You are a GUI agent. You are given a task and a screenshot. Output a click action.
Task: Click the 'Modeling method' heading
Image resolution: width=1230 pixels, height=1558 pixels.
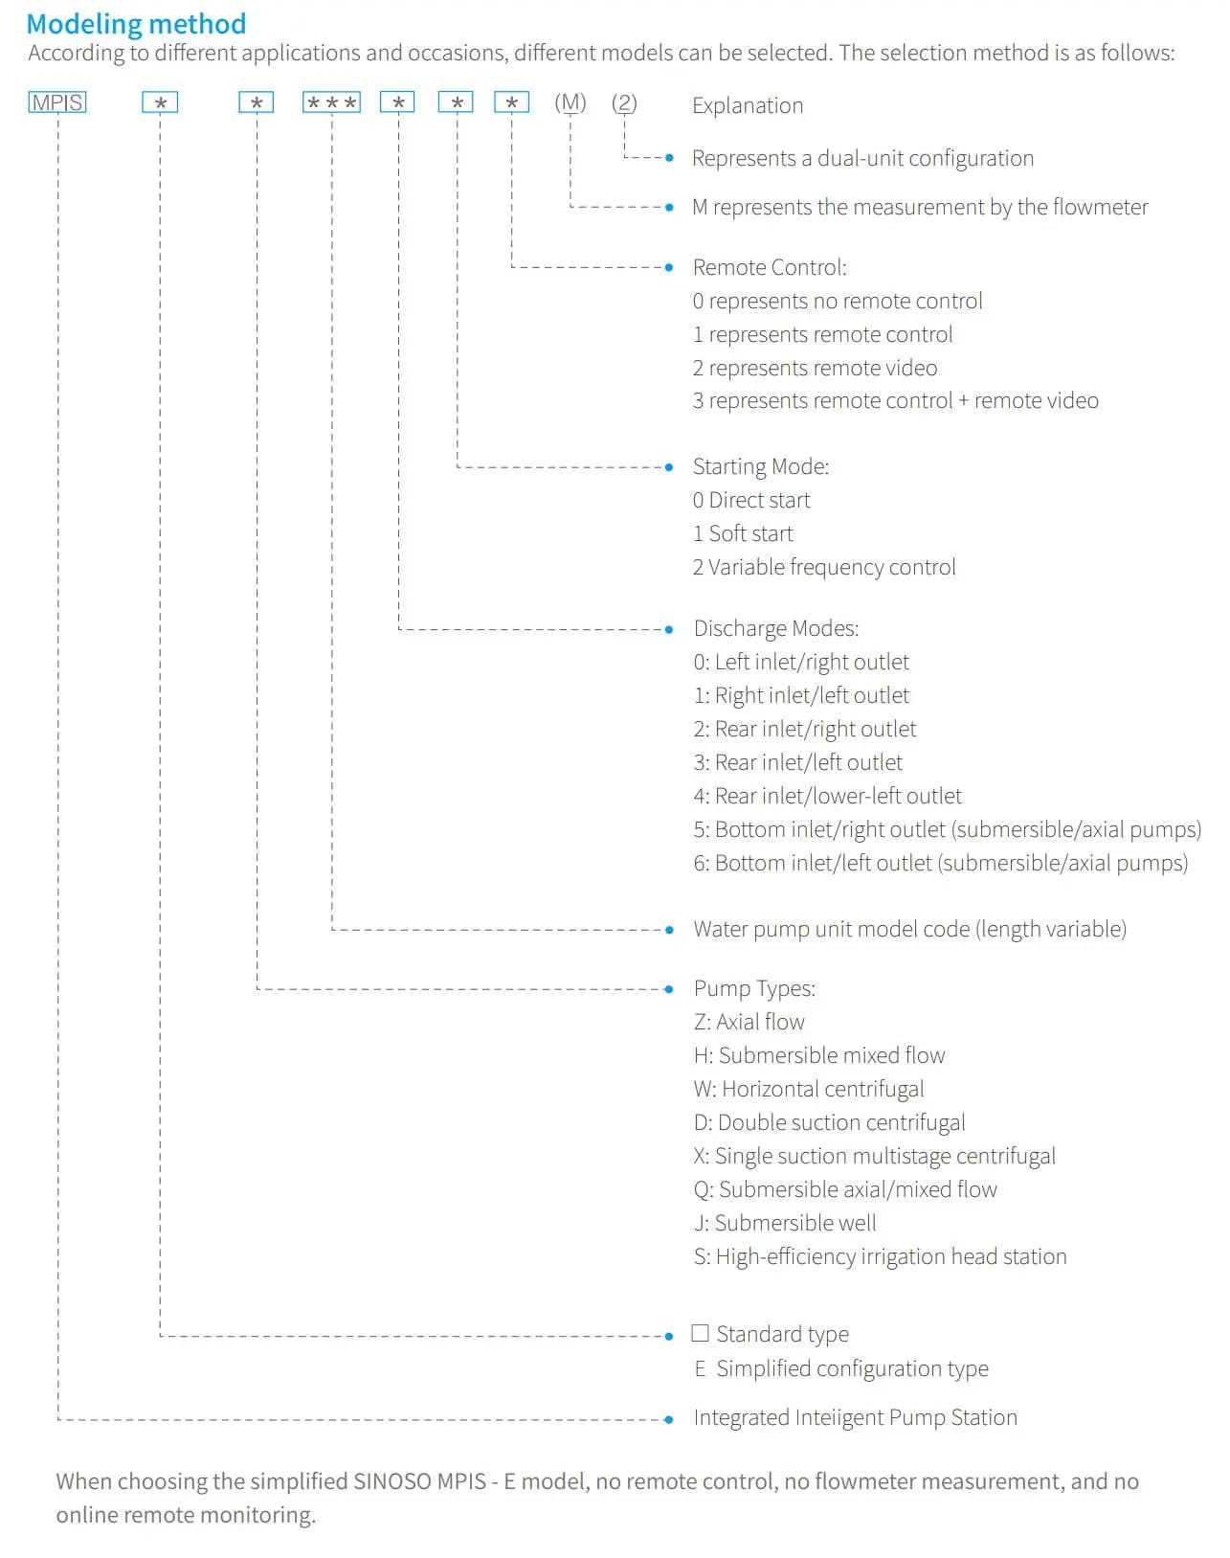(136, 23)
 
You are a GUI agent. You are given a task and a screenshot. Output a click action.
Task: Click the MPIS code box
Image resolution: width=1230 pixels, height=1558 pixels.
(57, 102)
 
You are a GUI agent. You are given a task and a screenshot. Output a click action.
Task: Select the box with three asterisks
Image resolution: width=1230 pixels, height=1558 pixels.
(331, 102)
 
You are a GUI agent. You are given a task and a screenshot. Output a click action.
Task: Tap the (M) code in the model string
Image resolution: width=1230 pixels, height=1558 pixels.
(570, 102)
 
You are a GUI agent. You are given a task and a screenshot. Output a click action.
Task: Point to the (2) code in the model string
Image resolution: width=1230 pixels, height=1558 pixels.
(624, 102)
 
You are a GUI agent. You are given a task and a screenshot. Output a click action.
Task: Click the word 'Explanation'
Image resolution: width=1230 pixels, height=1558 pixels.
(748, 105)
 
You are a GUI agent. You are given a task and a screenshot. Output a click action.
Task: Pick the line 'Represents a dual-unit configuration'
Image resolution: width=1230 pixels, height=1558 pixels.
(862, 158)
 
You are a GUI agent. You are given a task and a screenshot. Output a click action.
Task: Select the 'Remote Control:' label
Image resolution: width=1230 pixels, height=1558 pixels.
(770, 267)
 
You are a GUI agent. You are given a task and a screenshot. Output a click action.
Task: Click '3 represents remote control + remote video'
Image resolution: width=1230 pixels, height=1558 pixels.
(895, 400)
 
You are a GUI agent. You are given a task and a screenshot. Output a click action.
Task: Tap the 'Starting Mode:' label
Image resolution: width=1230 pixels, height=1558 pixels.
(761, 466)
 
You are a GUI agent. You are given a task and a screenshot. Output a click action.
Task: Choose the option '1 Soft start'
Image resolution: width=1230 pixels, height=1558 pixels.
(743, 533)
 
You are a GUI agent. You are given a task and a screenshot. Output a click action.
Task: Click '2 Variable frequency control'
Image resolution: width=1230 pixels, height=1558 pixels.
(824, 567)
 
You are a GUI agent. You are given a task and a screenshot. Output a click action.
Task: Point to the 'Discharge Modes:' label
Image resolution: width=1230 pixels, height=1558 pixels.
(776, 628)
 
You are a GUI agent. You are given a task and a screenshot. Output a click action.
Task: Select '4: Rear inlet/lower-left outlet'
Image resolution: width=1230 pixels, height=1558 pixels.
(827, 796)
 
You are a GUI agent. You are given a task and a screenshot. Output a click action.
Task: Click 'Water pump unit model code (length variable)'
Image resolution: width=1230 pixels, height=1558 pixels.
(909, 929)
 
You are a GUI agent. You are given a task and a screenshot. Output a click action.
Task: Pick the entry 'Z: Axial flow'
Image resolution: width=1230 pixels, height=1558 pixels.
(749, 1022)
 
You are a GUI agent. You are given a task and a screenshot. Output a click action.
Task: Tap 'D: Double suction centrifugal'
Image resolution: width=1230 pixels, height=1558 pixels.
(829, 1122)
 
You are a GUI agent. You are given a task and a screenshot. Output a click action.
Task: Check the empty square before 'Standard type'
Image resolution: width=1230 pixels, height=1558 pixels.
(701, 1333)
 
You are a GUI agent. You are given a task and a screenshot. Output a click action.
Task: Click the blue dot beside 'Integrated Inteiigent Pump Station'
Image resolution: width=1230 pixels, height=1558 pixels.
(669, 1418)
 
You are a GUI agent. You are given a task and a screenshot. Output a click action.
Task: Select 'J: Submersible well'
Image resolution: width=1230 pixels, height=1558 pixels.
(785, 1223)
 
